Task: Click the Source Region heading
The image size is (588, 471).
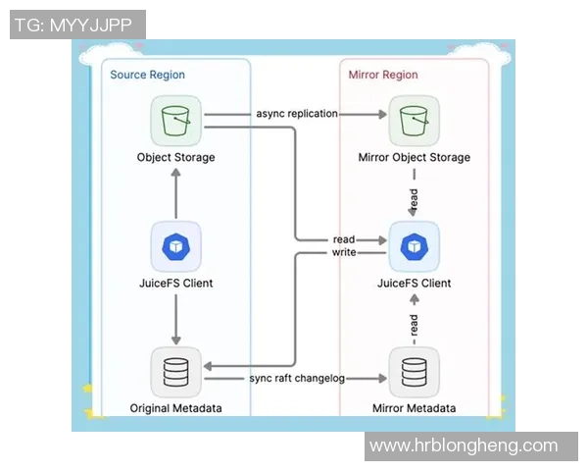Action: coord(147,75)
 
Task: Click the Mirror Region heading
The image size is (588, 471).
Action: coord(383,75)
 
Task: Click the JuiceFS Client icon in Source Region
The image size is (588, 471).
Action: coord(175,246)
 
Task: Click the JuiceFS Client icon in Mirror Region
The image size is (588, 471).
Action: coord(414,246)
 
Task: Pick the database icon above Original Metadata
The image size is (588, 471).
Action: coord(175,373)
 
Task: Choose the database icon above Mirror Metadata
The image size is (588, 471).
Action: coord(414,373)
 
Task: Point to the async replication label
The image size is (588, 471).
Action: coord(297,114)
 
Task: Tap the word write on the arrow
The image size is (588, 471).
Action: coord(344,252)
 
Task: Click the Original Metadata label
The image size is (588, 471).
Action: coord(175,407)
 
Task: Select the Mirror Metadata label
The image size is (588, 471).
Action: coord(414,407)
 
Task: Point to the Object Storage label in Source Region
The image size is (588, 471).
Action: coord(175,157)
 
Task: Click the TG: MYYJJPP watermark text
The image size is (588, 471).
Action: coord(77,25)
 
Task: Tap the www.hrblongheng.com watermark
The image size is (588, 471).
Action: coord(464,445)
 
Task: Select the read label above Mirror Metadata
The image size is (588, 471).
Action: coord(414,322)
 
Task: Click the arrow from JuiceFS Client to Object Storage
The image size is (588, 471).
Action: coord(175,192)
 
